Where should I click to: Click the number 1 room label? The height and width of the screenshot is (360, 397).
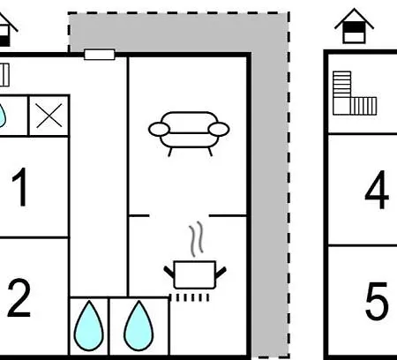pos(20,187)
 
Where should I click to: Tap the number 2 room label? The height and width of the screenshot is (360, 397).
pos(19,298)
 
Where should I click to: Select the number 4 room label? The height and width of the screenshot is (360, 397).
pos(377,190)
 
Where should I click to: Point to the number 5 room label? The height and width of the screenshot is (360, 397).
pos(377,301)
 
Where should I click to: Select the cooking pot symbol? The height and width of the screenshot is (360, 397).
pos(195,274)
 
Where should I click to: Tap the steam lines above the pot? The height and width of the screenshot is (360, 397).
pos(196,239)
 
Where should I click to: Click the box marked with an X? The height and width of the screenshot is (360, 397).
pos(49,116)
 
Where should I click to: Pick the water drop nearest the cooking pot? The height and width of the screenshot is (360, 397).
pos(139,326)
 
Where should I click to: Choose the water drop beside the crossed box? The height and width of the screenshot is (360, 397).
pos(2,116)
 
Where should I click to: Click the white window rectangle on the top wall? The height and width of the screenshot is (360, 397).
pos(100,55)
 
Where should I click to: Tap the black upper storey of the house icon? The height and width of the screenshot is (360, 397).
pos(354,27)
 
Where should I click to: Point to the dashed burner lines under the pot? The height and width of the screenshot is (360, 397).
pos(190,297)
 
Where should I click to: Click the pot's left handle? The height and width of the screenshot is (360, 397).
pos(169,272)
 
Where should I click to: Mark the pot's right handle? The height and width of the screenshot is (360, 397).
pos(221,272)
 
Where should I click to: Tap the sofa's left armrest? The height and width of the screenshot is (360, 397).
pos(159,130)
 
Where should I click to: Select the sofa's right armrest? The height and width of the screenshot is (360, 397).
pos(219,130)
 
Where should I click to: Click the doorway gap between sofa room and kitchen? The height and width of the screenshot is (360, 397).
pos(179,216)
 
